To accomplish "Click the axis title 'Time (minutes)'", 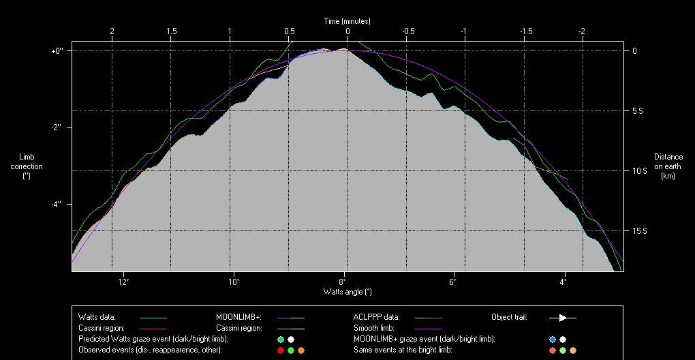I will tap(347, 21).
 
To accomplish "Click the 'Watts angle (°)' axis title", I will tap(347, 292).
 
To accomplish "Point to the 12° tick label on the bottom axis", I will tap(123, 282).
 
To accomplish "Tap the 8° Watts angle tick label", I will tap(343, 282).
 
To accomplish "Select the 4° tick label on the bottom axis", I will tap(563, 282).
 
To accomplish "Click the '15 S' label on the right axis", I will tap(638, 231).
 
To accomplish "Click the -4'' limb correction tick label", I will tap(56, 204).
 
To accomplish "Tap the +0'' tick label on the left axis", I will tap(57, 50).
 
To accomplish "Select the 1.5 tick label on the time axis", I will tap(171, 31).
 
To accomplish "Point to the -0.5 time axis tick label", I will tap(408, 31).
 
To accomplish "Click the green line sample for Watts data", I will tap(153, 318).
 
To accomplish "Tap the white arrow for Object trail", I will tap(563, 318).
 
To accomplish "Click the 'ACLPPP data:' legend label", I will tap(376, 317).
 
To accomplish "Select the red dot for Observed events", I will tap(280, 350).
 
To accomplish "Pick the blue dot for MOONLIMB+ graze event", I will tap(553, 340).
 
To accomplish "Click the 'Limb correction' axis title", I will tap(27, 166).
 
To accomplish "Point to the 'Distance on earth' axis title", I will tap(668, 166).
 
